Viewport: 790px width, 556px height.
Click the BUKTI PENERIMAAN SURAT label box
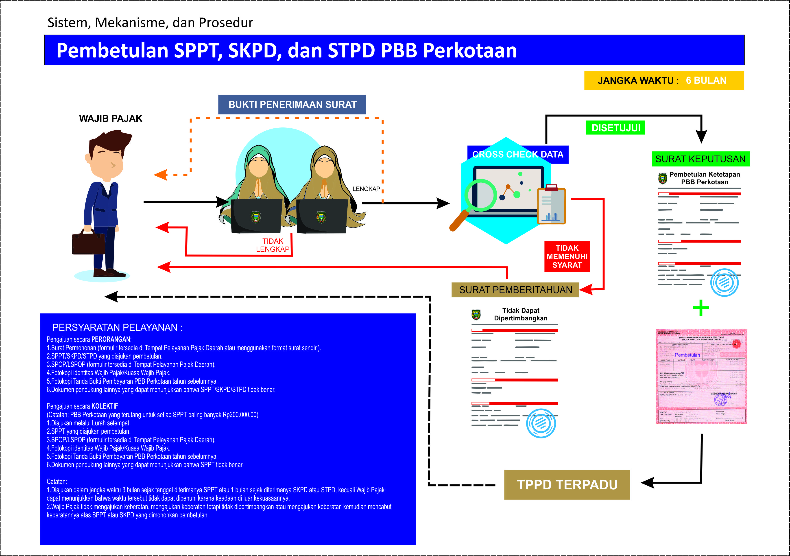[x=292, y=105]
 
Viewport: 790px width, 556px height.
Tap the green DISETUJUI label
[x=615, y=128]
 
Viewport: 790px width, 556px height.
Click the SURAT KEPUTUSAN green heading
[x=700, y=159]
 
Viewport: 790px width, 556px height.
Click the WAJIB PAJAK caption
[x=110, y=119]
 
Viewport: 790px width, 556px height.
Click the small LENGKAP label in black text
[x=366, y=189]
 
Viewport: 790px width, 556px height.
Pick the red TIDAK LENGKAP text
[x=273, y=245]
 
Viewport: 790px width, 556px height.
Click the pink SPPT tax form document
[x=701, y=376]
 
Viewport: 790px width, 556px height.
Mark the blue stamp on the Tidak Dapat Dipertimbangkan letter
[x=541, y=423]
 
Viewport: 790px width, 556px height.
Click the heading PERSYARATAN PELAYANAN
[x=117, y=327]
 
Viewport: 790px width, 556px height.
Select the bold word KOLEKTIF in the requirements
[x=105, y=406]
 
